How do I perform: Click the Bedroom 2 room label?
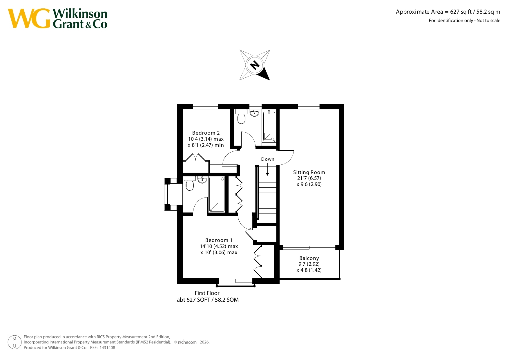click(206, 133)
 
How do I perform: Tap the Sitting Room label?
click(309, 172)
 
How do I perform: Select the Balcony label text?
click(309, 258)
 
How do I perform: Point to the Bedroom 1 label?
click(219, 240)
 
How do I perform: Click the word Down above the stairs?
click(267, 159)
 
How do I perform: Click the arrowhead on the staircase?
click(267, 174)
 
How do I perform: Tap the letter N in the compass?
click(255, 65)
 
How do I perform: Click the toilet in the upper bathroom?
click(241, 116)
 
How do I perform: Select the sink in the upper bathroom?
click(254, 113)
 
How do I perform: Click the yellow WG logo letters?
click(29, 19)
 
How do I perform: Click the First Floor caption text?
click(207, 293)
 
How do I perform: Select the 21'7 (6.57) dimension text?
click(309, 178)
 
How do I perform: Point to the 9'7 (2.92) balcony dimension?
click(309, 264)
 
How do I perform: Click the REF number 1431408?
click(107, 348)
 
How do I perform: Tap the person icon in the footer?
click(15, 342)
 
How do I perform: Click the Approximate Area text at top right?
click(448, 12)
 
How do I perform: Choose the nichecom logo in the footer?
click(187, 342)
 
